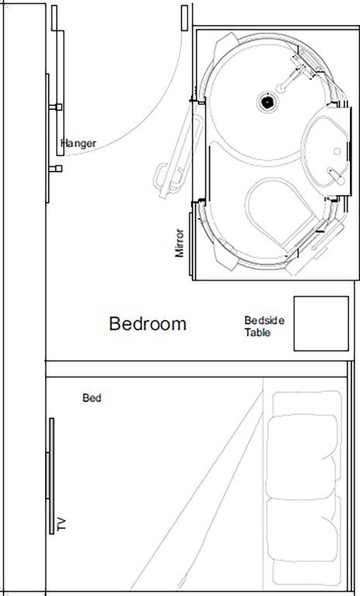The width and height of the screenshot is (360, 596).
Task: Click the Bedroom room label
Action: pos(147,324)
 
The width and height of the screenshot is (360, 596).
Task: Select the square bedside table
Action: pos(320,323)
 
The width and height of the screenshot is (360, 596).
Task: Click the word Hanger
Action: pos(78,144)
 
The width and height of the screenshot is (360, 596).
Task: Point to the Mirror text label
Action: pos(179,243)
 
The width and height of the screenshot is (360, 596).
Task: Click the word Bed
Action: pos(92,398)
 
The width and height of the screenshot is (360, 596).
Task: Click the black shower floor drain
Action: pos(266,100)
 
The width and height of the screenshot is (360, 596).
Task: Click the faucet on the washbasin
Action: pos(335,175)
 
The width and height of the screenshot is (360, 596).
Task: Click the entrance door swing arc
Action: pos(155,116)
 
